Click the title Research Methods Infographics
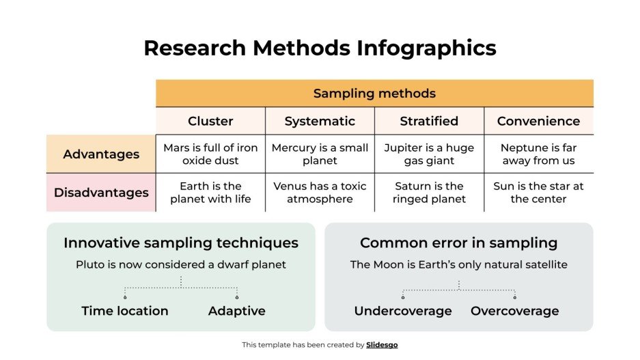coord(320,48)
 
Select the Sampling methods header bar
coord(374,94)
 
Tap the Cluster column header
coord(210,121)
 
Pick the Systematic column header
coord(320,121)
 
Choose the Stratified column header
coord(429,121)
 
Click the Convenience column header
coord(538,121)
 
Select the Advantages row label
coord(101,154)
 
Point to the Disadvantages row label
coord(101,193)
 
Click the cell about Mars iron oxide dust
coord(210,154)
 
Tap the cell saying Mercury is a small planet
coord(320,154)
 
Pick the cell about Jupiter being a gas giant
coord(429,154)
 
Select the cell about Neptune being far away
coord(538,154)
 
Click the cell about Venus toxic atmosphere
coord(320,193)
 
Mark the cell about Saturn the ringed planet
coord(429,193)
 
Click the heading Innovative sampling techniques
coord(181,243)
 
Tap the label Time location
coord(125,311)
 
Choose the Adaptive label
coord(236,311)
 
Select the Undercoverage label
coord(403,311)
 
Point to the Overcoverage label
coord(514,311)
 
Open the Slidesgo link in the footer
coord(382,345)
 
